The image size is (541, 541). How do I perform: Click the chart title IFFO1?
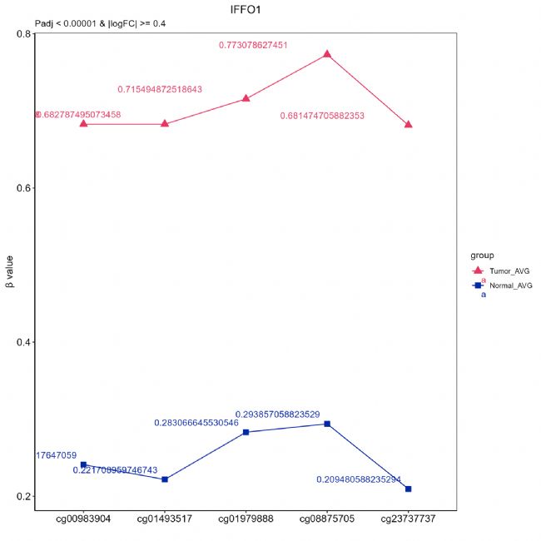point(248,9)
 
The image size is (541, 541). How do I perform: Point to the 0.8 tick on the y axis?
point(23,34)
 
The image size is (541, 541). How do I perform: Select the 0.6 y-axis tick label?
point(23,188)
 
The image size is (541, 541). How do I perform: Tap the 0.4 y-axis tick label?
point(23,342)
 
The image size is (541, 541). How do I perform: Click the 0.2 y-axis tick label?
point(23,497)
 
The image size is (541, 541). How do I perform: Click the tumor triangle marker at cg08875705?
point(327,53)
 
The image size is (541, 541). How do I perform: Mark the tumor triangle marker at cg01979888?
point(246,98)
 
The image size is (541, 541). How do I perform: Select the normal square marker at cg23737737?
point(408,489)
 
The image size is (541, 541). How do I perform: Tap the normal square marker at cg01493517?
point(165,479)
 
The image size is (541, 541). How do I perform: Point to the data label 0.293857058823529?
point(277,414)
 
